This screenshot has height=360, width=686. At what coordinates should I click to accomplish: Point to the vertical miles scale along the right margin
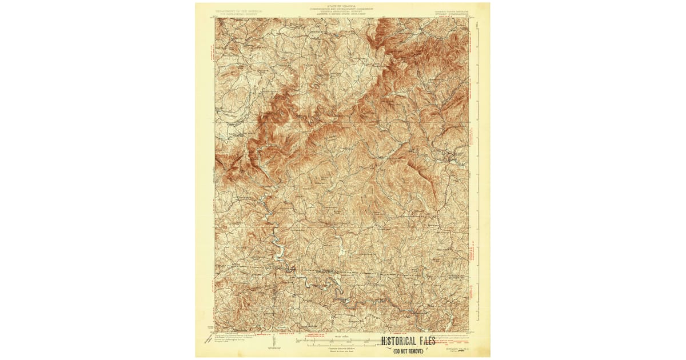478,86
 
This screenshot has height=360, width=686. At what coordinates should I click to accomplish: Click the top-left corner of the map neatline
216,18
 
